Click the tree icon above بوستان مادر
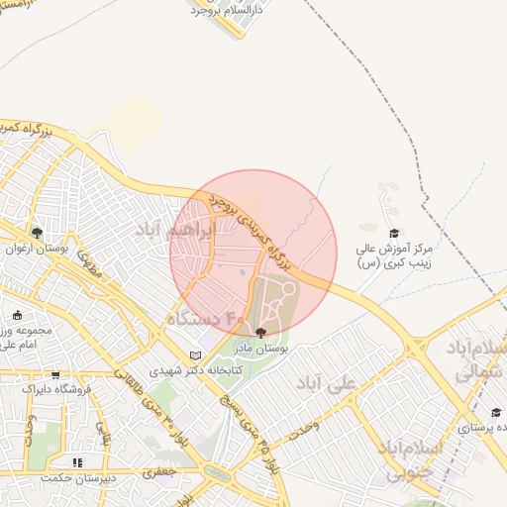coord(260,333)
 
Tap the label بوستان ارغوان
coord(37,249)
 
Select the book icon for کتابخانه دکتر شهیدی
coord(194,356)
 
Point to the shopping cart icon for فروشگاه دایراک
coord(55,375)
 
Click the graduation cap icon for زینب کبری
coord(393,233)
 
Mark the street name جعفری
coord(159,474)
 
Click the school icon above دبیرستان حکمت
coord(75,461)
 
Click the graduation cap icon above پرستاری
coord(495,412)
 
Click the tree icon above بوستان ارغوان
coord(37,233)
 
